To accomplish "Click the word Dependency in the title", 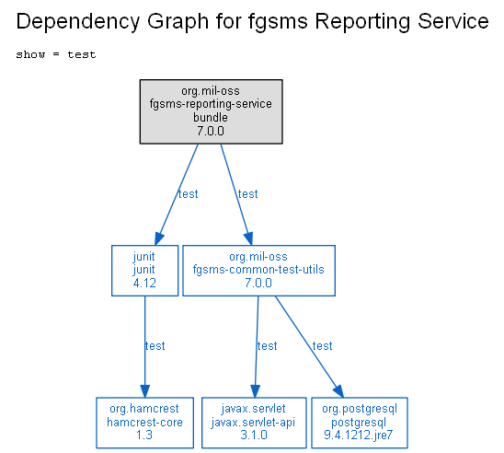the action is [78, 22].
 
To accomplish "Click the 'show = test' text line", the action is [56, 54].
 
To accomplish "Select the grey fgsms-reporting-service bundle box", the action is [212, 111].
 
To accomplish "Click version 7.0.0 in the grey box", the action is [211, 131].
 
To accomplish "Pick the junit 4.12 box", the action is [144, 271].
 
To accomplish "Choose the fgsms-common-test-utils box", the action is [258, 271].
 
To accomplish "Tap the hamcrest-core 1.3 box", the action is [144, 423].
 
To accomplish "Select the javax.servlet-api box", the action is [254, 423].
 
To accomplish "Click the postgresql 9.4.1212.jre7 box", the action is [360, 423].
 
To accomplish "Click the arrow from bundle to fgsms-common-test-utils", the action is [236, 194].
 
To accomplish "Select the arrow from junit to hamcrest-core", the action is [144, 347].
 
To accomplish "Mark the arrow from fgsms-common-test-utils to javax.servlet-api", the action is [257, 347].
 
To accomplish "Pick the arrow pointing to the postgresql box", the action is [310, 347].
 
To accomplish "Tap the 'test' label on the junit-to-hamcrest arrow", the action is [155, 346].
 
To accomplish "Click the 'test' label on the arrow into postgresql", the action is [323, 346].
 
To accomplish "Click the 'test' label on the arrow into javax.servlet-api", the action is [267, 346].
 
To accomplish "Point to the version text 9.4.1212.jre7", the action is [359, 435].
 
